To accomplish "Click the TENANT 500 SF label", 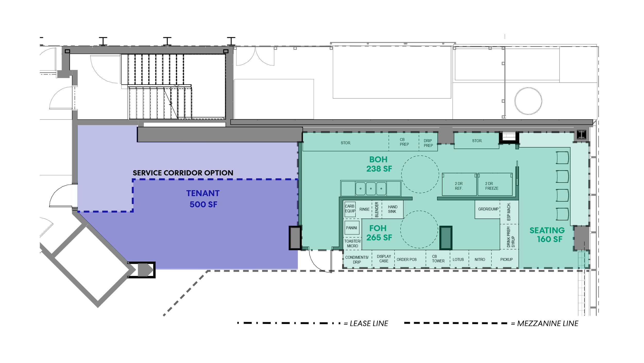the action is click(x=203, y=199).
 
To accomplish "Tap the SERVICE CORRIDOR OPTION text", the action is click(x=183, y=173).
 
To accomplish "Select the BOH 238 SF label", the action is click(x=379, y=164).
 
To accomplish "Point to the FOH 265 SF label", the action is click(x=379, y=233).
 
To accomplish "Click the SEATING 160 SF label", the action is click(x=547, y=234).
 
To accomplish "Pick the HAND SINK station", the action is click(x=393, y=209).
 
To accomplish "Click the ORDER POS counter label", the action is click(x=406, y=260).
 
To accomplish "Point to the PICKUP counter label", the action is click(x=506, y=260).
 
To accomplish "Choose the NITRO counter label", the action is click(x=480, y=260).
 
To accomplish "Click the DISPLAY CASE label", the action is click(x=384, y=259).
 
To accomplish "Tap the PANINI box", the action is click(x=352, y=228).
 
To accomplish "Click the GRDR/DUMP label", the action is click(x=488, y=209).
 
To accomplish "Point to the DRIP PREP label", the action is click(x=428, y=143).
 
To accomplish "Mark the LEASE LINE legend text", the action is click(x=369, y=323).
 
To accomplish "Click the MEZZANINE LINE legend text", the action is click(x=548, y=323).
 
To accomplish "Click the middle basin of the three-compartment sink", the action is click(x=371, y=189).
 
